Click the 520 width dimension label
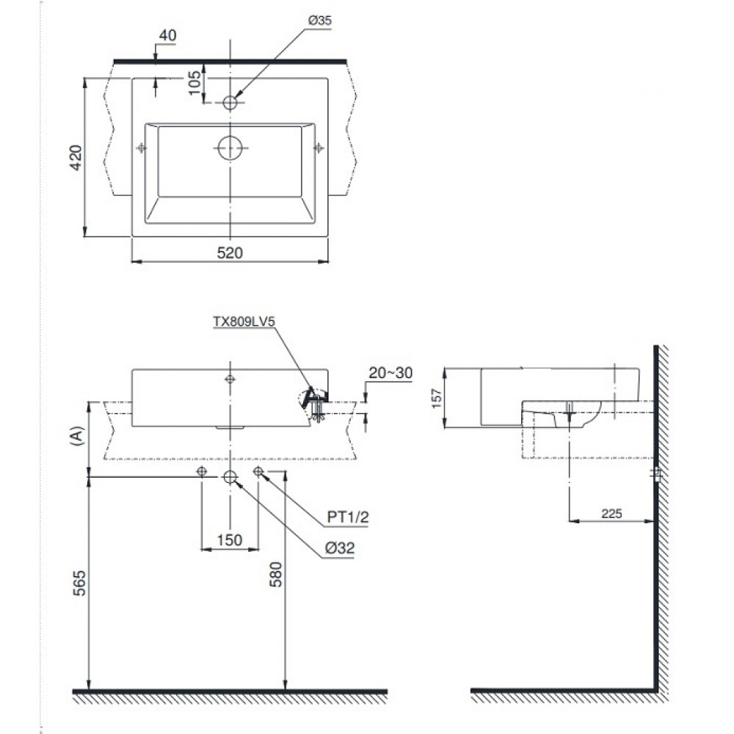(x=229, y=252)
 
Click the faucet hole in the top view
(x=230, y=103)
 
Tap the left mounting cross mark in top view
(x=142, y=148)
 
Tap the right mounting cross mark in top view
(x=319, y=148)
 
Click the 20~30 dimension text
(x=390, y=373)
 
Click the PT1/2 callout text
(x=346, y=517)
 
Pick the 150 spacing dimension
(x=230, y=539)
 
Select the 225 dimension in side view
(x=611, y=514)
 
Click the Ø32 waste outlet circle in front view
(x=230, y=477)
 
